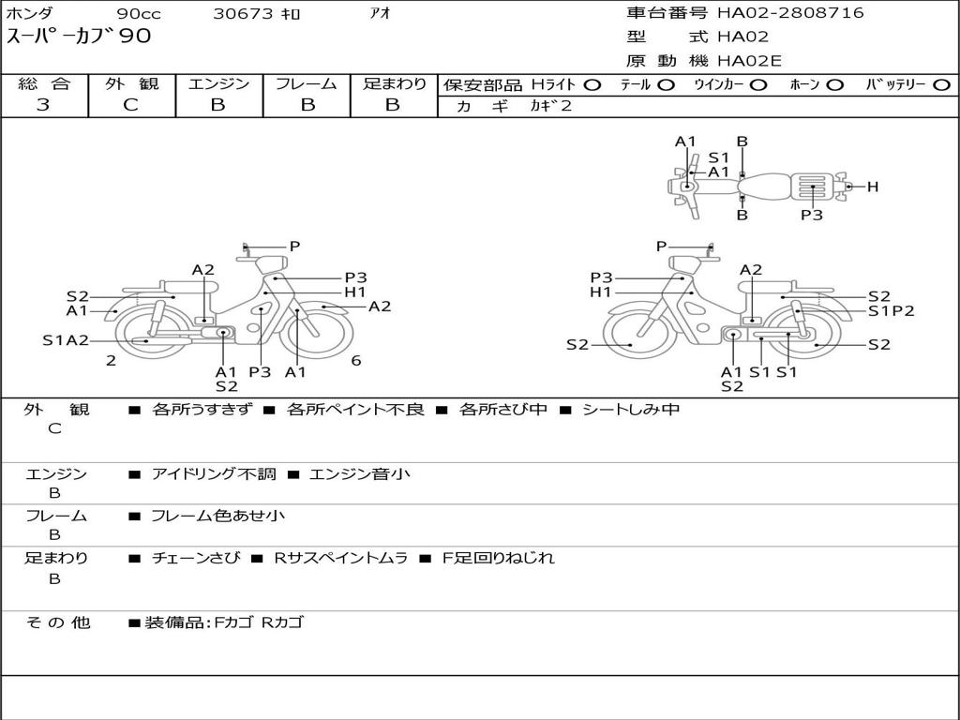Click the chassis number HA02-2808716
pos(790,12)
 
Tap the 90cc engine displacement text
pos(139,13)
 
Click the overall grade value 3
pos(43,105)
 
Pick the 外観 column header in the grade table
pos(131,83)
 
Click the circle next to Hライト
pos(592,85)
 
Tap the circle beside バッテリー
pos(941,85)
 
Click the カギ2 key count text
pos(550,106)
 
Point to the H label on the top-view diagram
pos(873,187)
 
